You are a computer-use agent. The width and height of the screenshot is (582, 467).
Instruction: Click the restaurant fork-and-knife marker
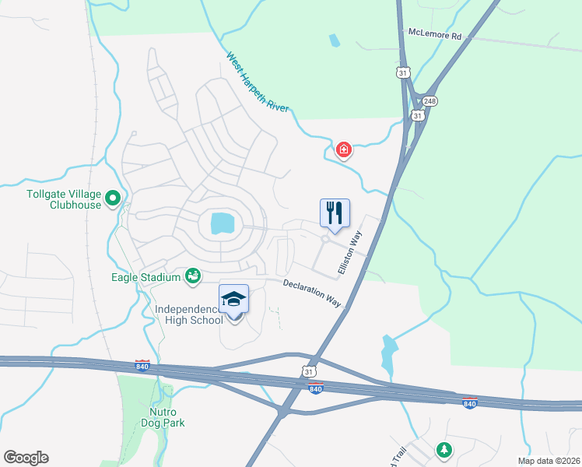[335, 212]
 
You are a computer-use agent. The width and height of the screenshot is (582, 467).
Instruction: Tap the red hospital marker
[342, 149]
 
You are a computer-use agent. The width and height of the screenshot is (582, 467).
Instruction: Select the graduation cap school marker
[233, 300]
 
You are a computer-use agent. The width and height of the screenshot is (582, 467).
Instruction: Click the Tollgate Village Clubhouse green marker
[114, 199]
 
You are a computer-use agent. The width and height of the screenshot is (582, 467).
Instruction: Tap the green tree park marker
[444, 449]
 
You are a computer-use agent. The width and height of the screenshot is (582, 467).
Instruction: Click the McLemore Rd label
[434, 35]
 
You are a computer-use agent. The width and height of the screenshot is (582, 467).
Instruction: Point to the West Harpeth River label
[258, 82]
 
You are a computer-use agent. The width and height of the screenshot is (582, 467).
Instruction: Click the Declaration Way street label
[312, 293]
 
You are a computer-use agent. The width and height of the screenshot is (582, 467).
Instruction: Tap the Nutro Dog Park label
[163, 417]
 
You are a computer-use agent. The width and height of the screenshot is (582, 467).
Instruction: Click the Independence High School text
[189, 315]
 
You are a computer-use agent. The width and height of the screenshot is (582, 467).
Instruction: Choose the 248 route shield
[430, 101]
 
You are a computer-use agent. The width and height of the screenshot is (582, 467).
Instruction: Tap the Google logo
[26, 458]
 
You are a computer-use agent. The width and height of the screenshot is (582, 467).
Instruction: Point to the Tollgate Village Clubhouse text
[54, 199]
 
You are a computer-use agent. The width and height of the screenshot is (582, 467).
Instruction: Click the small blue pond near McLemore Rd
[334, 40]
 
